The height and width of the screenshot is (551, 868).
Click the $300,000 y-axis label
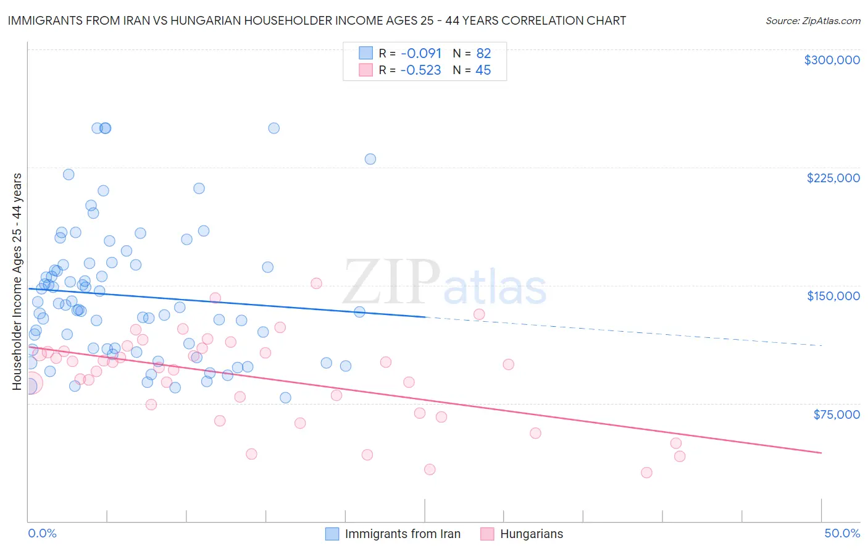(832, 60)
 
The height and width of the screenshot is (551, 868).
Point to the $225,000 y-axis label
(833, 178)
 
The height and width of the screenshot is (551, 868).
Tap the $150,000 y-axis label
(833, 296)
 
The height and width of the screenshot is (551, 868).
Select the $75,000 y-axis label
(836, 414)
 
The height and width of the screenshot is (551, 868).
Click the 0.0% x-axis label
(42, 533)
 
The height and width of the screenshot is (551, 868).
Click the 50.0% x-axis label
(841, 533)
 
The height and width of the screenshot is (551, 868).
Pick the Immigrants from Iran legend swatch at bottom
(332, 534)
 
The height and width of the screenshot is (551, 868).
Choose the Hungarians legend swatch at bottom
(487, 534)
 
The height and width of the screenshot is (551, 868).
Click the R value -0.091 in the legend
(420, 54)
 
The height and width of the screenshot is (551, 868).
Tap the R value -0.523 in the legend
(420, 70)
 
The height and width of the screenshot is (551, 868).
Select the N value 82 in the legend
(483, 54)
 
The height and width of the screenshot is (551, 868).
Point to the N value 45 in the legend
(483, 70)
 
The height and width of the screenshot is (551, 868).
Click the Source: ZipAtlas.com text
(812, 21)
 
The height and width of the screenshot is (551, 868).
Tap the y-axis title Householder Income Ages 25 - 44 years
(17, 282)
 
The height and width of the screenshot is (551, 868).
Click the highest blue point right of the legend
(370, 159)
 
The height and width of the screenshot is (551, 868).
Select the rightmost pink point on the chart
(680, 456)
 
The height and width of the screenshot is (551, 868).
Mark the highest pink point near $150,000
(316, 284)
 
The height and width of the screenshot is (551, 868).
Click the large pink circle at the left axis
(30, 384)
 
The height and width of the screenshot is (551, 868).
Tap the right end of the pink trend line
(821, 453)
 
